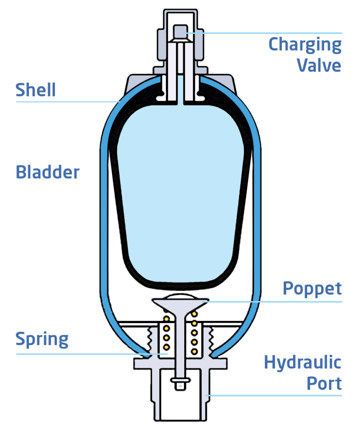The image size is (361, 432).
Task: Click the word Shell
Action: pos(36,90)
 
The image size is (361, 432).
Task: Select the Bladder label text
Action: pos(47,172)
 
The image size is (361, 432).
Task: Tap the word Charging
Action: pos(305,44)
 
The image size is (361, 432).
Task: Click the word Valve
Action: pos(318,65)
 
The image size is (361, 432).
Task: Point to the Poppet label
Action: pos(312,289)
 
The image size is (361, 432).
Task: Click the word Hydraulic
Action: pos(303,362)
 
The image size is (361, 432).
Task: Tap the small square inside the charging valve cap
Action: pos(180,31)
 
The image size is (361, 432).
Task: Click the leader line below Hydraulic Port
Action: pos(275,395)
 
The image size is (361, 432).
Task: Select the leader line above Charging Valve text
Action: pos(271,33)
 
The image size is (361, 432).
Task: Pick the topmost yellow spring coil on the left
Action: pos(167,318)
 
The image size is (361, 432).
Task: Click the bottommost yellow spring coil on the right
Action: pos(194,351)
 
